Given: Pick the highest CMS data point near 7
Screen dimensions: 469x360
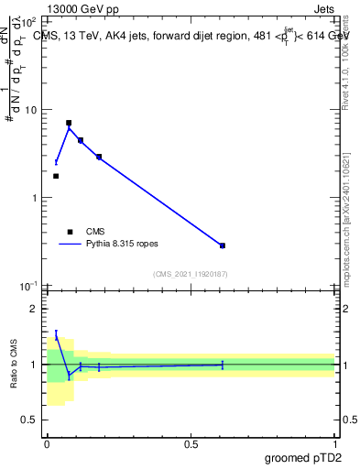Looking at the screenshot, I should click(x=69, y=123).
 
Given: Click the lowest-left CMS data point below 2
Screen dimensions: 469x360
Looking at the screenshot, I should click(x=56, y=176).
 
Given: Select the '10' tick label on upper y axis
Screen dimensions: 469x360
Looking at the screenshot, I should click(x=34, y=110).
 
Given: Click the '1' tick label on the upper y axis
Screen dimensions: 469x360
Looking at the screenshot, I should click(x=38, y=198).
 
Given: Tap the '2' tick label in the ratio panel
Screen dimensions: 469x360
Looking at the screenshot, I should click(x=38, y=309).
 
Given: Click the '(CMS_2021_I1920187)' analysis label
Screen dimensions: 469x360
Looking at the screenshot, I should click(x=190, y=274).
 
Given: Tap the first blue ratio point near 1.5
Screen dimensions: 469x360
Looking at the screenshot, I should click(x=56, y=336).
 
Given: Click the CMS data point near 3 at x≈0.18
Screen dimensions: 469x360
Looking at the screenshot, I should click(x=99, y=157).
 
